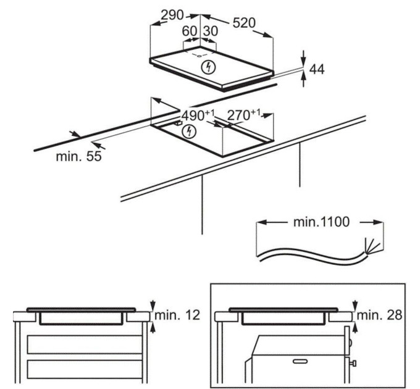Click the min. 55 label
[78, 157]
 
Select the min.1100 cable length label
[320, 222]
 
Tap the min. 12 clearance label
[177, 315]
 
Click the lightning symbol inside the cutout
[190, 131]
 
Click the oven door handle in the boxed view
[301, 360]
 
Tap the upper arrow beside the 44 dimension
[304, 59]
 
